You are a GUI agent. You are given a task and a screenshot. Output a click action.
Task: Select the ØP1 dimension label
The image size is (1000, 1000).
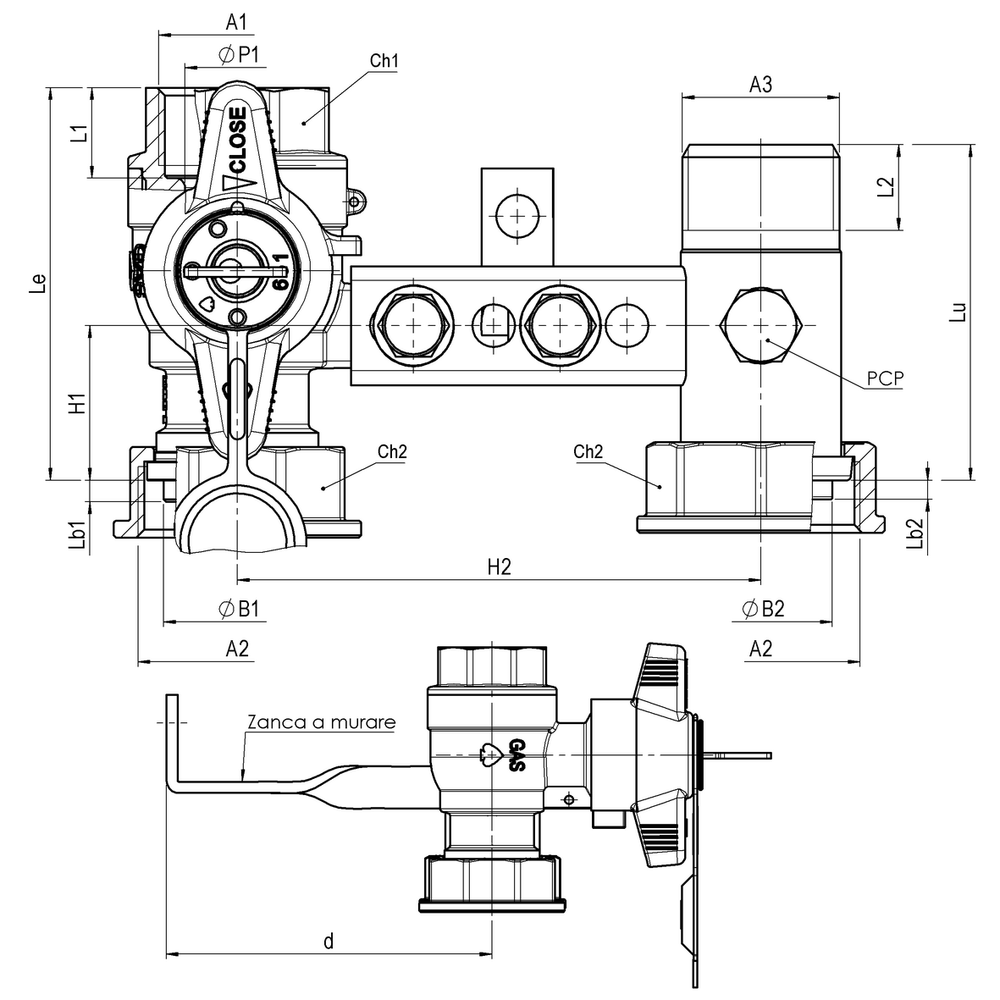[x=240, y=55]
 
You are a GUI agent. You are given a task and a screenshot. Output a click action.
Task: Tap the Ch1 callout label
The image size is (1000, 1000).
[x=384, y=62]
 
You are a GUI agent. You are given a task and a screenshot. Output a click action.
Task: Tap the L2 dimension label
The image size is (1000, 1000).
[x=885, y=187]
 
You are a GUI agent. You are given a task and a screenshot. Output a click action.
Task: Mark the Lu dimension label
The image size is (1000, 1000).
[x=957, y=312]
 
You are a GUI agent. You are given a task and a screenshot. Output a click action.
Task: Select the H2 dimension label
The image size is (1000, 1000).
[x=499, y=566]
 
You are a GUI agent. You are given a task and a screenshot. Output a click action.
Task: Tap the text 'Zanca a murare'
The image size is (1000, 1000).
[x=321, y=723]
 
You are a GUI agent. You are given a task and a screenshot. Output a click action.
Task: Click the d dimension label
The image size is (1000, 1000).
[x=329, y=941]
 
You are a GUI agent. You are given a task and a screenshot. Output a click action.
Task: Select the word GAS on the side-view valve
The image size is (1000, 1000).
[x=516, y=755]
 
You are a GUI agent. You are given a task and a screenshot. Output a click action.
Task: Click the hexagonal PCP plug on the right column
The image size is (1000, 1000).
[x=760, y=326]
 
